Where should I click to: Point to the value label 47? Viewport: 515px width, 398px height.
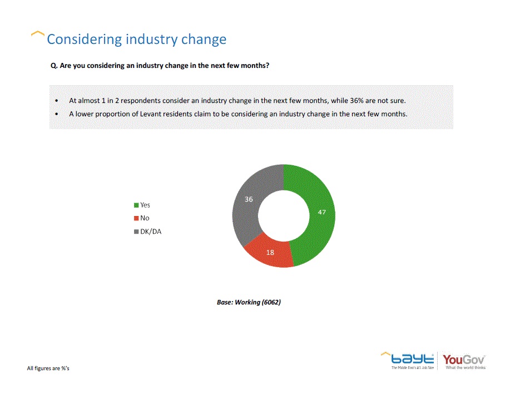click(322, 212)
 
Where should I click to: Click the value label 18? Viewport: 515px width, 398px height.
click(270, 252)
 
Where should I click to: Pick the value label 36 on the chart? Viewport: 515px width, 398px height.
click(249, 199)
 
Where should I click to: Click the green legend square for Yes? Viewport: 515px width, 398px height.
click(136, 205)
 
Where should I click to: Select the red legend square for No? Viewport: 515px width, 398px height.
click(136, 218)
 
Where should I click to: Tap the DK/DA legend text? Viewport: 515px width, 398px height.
click(151, 232)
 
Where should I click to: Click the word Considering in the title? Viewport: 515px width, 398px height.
click(84, 40)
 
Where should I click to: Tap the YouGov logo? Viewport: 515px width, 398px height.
click(464, 359)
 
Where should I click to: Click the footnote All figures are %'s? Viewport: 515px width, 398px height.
click(48, 368)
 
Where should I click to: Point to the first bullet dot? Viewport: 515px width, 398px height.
click(57, 101)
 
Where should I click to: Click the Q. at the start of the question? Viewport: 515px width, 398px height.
click(54, 65)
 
